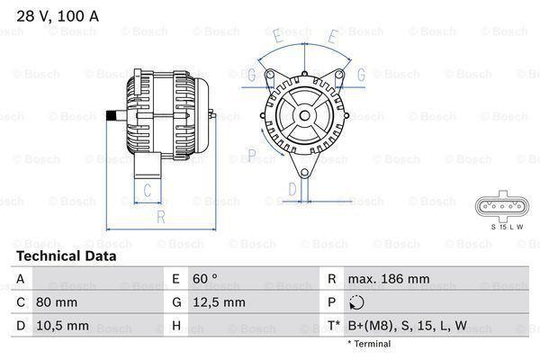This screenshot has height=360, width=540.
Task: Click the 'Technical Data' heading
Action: pos(67,256)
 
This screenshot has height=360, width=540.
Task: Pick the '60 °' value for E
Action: pos(206,280)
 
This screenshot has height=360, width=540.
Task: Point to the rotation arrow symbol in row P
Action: pos(358,303)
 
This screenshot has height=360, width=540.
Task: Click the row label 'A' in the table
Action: pos(20,280)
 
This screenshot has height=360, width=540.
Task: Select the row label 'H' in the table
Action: pos(176,326)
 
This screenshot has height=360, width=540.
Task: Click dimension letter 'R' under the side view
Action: pos(159,216)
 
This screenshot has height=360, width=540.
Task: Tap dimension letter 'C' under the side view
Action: pos(147,189)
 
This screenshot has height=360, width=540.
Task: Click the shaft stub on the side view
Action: pos(114,114)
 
